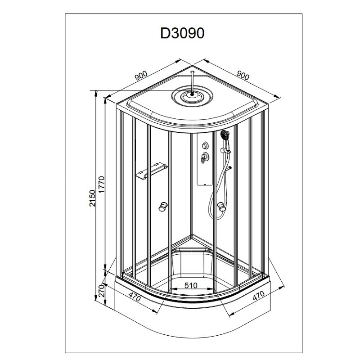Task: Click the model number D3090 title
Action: [x=182, y=33]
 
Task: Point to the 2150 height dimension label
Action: [x=92, y=198]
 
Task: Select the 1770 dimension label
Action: [x=102, y=185]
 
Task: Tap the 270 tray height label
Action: [x=101, y=291]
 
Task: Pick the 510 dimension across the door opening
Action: [x=191, y=285]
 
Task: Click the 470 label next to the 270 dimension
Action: [x=135, y=297]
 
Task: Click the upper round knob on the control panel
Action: [x=205, y=145]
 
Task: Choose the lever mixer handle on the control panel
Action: [x=204, y=157]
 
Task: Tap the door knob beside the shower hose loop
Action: [x=221, y=206]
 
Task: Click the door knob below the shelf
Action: [x=163, y=206]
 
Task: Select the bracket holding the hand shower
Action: [x=225, y=151]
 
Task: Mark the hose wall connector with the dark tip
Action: [x=228, y=169]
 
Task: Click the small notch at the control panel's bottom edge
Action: [x=204, y=184]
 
